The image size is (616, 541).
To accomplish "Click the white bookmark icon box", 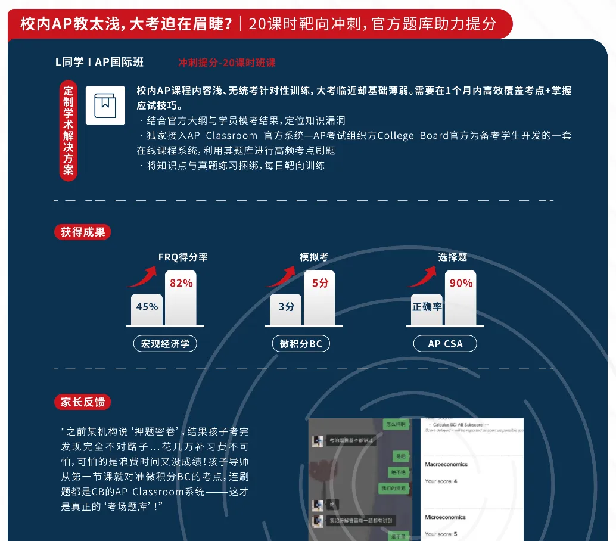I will tap(105, 105).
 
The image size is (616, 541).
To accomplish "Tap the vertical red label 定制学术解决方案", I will tap(69, 130).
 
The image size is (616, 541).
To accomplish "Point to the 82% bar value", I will tap(181, 284).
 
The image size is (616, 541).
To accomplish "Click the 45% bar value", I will tap(147, 307).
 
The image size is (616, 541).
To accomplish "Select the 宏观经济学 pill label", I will tap(165, 344).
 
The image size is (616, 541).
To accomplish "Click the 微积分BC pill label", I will tap(300, 344).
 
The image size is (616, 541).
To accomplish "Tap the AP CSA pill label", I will tap(445, 344).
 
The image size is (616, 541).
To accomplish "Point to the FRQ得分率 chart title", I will tap(183, 257).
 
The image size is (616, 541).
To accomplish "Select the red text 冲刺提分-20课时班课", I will tap(227, 63).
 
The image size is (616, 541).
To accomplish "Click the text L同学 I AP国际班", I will tap(99, 62).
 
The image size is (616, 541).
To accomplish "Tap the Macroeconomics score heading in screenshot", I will tap(446, 464).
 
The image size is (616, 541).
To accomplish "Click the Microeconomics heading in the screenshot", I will tap(445, 517).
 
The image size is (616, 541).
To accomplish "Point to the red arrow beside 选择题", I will tap(424, 277).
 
